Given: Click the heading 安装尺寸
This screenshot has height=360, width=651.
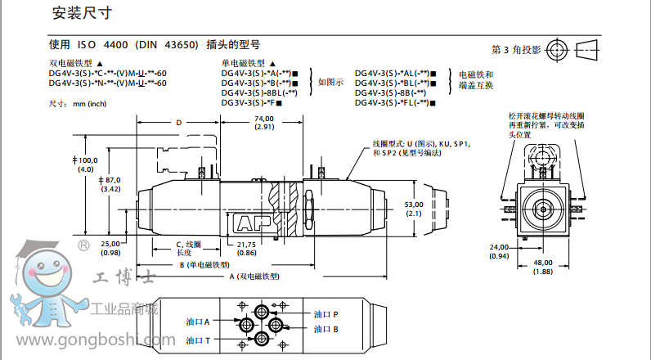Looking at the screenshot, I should tap(81, 13).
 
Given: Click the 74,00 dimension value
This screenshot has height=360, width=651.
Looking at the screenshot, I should tap(263, 119).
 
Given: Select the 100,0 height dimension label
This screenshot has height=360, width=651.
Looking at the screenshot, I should tap(86, 160).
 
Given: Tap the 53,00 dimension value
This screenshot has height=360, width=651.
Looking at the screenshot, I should tap(413, 204).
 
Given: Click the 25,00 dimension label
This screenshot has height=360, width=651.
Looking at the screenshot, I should tap(109, 243).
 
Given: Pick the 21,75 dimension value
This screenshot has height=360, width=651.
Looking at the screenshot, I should tap(246, 244).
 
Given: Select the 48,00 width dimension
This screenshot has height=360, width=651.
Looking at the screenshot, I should tap(542, 263).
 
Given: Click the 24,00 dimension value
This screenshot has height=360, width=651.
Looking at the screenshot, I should tap(498, 246).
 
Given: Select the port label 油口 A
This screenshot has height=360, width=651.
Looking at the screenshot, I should tap(198, 322).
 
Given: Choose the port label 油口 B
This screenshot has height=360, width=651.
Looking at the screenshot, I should tap(325, 330).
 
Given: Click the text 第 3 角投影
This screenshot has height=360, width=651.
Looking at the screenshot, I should tap(516, 49).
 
